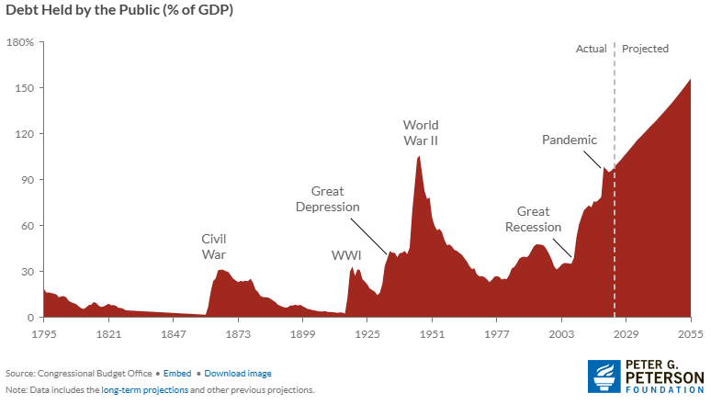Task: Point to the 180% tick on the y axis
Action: (20, 42)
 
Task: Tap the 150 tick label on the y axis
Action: (23, 88)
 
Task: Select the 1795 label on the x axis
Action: (43, 335)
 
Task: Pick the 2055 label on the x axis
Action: (691, 335)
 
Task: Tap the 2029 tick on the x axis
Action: (626, 335)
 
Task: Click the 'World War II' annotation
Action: (421, 132)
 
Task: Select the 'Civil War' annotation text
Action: (213, 247)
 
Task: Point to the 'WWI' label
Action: (346, 254)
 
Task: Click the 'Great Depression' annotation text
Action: (327, 199)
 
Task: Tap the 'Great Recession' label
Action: (533, 219)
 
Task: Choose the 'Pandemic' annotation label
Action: (570, 140)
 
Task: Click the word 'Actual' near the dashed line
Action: (592, 49)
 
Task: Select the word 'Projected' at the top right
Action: (646, 49)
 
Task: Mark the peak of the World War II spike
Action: (419, 156)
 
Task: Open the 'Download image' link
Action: (238, 374)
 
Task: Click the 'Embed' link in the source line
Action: (180, 374)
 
